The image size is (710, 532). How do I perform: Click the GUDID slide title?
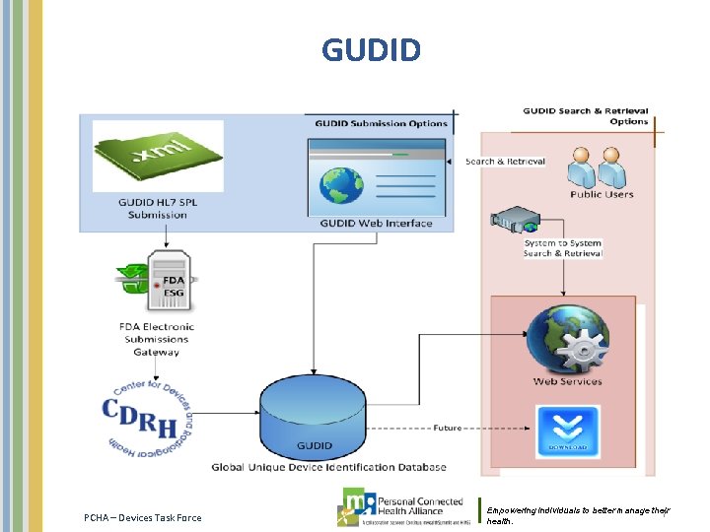[371, 49]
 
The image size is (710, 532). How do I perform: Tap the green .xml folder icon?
[158, 156]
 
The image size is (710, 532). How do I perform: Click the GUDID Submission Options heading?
[381, 123]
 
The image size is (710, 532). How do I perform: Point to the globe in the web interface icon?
[341, 186]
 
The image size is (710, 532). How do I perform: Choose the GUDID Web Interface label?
[376, 224]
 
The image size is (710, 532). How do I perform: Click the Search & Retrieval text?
[505, 162]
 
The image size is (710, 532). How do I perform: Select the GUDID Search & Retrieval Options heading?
[585, 116]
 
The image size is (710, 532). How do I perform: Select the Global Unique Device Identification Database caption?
[328, 467]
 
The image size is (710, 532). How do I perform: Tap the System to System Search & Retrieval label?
[562, 248]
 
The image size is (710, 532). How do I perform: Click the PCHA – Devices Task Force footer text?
[142, 517]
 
